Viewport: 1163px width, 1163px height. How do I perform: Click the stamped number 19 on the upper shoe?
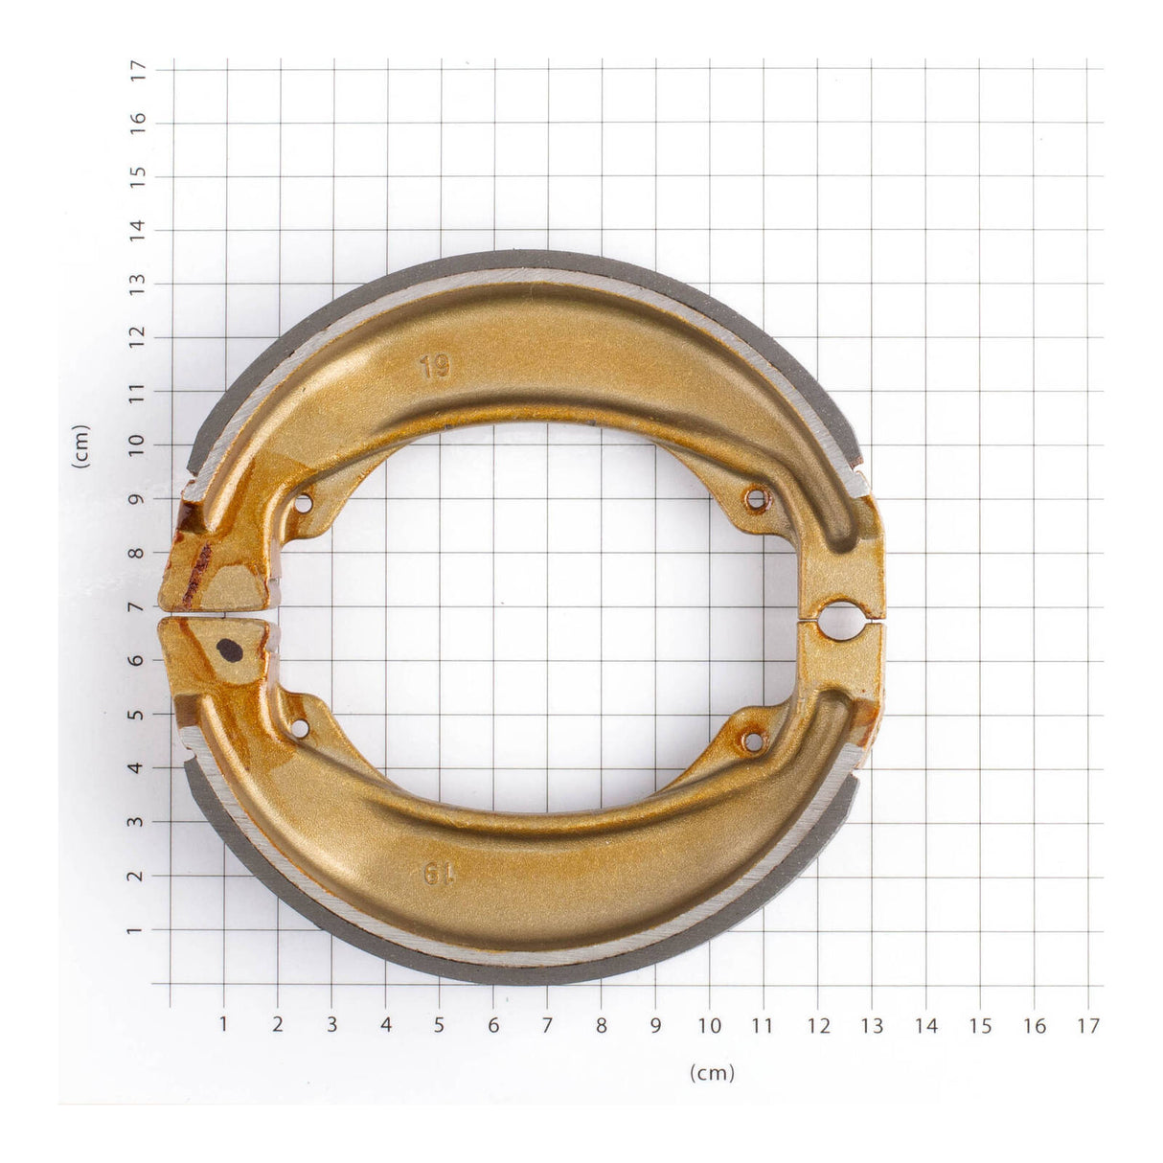tap(434, 366)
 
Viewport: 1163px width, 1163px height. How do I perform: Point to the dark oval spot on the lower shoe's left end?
tap(230, 650)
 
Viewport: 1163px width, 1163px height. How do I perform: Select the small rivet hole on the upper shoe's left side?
tap(305, 503)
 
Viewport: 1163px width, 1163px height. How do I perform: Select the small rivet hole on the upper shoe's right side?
tap(756, 498)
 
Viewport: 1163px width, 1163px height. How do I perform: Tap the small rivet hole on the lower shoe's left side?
tap(300, 729)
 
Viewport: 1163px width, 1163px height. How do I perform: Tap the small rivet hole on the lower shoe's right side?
tap(753, 741)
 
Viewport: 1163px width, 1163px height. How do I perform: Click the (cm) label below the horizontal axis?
tap(712, 1073)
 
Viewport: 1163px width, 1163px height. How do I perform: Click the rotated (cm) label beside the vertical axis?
tap(81, 446)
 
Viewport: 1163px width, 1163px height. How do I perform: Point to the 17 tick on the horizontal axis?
tap(1087, 1025)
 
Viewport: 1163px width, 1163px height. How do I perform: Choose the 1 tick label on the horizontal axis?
tap(223, 1025)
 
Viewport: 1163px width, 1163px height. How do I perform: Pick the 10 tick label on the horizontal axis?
tap(709, 1025)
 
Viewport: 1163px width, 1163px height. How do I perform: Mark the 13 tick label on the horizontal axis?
tap(872, 1025)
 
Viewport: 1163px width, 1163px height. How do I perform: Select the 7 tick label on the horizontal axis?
tap(547, 1025)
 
